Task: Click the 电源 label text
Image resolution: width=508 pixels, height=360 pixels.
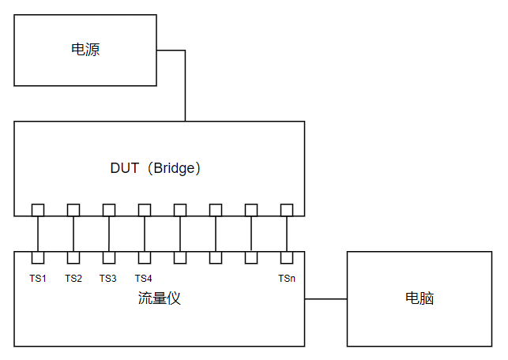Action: (85, 51)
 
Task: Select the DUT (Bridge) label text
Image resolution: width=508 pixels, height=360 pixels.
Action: (156, 168)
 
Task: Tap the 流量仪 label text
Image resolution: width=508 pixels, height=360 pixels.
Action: (159, 298)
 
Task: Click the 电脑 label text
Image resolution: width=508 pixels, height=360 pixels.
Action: (420, 298)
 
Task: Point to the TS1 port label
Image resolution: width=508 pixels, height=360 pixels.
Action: (38, 278)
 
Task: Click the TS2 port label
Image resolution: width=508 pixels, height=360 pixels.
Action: (73, 278)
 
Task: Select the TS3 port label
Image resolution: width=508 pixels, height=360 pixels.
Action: (108, 278)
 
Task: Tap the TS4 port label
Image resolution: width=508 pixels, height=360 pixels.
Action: (144, 278)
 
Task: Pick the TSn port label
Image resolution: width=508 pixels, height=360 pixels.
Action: (287, 278)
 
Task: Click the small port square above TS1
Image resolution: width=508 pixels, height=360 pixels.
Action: (38, 257)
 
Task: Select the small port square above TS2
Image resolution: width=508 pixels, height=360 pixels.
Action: (73, 257)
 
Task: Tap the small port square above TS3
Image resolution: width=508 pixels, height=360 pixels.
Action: (109, 257)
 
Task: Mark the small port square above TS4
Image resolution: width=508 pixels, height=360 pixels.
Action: (145, 257)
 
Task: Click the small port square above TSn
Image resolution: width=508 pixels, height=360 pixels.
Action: (287, 257)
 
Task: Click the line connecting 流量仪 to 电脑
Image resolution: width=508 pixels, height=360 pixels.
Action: (325, 299)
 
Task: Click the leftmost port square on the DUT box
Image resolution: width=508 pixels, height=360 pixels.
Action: (38, 209)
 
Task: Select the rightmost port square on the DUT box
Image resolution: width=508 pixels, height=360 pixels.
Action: (287, 209)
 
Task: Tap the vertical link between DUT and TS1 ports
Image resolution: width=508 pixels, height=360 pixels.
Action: (38, 234)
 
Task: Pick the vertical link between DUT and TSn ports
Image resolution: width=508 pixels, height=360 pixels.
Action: (287, 234)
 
